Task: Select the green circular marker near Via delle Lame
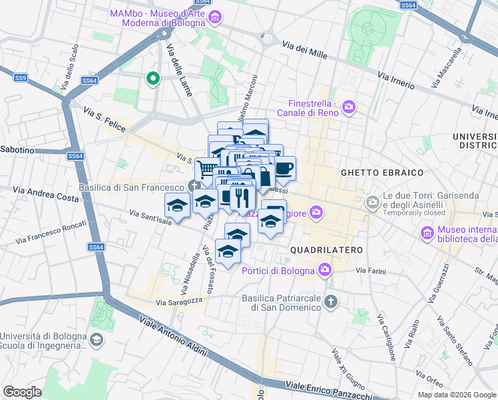tap(153, 79)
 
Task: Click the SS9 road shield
tap(21, 78)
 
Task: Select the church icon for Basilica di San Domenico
tap(330, 302)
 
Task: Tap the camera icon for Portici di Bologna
tap(325, 270)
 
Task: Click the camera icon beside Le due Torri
tap(373, 201)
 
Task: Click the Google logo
tap(22, 391)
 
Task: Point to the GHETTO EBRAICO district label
tap(382, 173)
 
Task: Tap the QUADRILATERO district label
tap(326, 249)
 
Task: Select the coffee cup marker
tap(284, 169)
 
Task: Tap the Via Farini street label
tap(370, 271)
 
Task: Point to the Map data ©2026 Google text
tap(455, 394)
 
